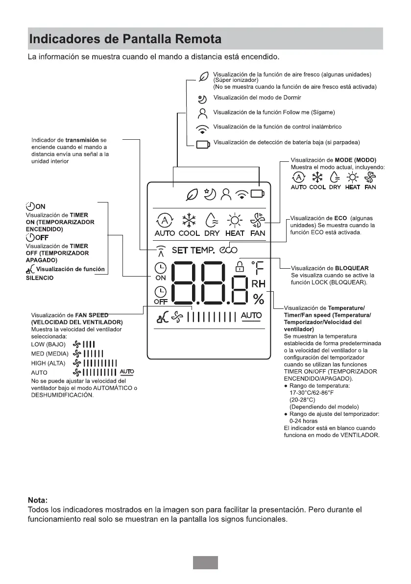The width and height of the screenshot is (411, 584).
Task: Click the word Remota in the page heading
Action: click(193, 39)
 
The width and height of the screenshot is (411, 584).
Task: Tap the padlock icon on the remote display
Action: click(240, 267)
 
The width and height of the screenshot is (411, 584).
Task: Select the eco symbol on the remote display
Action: click(229, 250)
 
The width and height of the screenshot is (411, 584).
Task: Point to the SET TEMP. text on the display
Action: click(193, 251)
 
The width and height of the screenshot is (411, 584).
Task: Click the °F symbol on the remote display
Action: click(258, 268)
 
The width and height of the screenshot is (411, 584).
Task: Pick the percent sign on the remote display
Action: click(258, 298)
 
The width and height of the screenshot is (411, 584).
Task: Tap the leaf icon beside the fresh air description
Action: click(203, 77)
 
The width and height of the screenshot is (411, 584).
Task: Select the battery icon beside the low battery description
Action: click(202, 144)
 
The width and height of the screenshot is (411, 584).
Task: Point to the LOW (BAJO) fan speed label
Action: click(48, 344)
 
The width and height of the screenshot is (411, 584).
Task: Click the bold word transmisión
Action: click(82, 140)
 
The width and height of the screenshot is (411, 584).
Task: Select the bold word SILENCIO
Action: click(39, 278)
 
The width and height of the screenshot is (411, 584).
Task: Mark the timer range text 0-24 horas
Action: click(303, 421)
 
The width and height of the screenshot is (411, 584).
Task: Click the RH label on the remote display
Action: click(258, 284)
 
